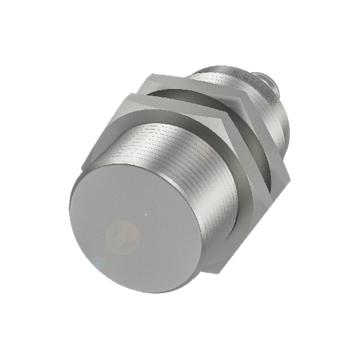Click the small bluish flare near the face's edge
[98, 262]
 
